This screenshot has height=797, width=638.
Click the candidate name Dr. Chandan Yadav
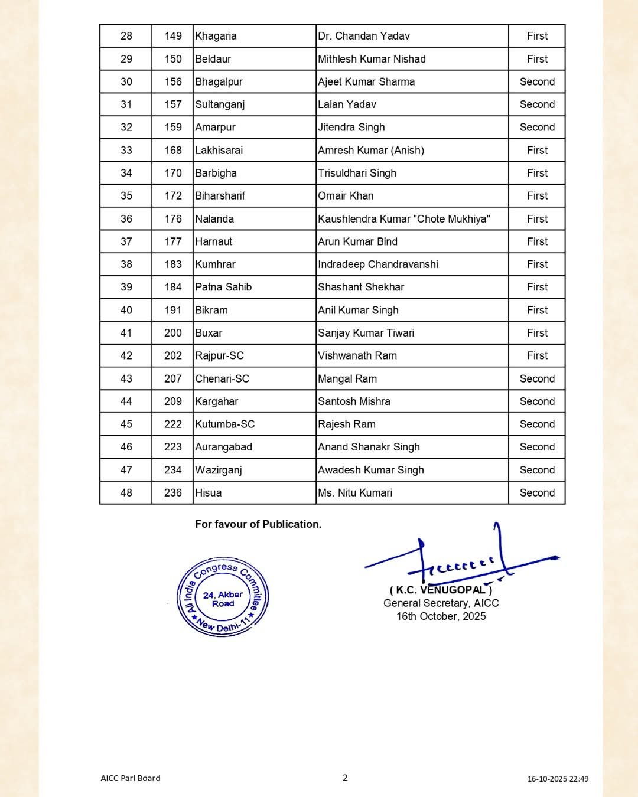pos(364,36)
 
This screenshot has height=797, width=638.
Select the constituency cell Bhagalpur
pos(219,82)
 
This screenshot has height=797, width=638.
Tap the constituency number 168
pos(173,151)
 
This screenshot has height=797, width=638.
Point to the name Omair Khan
pos(346,196)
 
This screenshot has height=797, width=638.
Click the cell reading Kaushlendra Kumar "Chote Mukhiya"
pos(404,219)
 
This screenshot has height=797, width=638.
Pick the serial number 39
pos(126,288)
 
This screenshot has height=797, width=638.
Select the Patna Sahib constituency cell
pos(223,288)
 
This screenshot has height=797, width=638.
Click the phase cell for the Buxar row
pos(537,333)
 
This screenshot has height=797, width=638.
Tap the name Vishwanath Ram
pos(357,356)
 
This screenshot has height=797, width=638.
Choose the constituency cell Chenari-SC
pos(222,379)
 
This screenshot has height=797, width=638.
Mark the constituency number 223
pos(173,448)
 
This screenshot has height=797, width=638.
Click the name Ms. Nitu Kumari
pos(355,493)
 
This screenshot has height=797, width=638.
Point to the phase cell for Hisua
pos(537,493)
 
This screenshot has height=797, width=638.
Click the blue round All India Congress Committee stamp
pos(223,597)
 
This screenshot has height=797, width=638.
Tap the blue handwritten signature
pos(461,558)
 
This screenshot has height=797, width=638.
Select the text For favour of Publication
pos(258,524)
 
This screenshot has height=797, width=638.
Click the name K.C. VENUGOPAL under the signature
pos(441,590)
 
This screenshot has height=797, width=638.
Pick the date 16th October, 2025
pos(441,616)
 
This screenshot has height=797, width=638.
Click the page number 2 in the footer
pos(345,778)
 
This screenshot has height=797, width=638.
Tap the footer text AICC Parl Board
pos(131,778)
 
